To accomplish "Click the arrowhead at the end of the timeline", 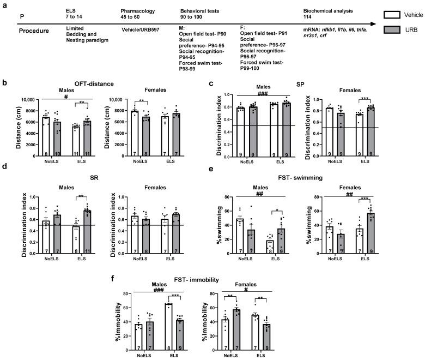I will tap(374, 24).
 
